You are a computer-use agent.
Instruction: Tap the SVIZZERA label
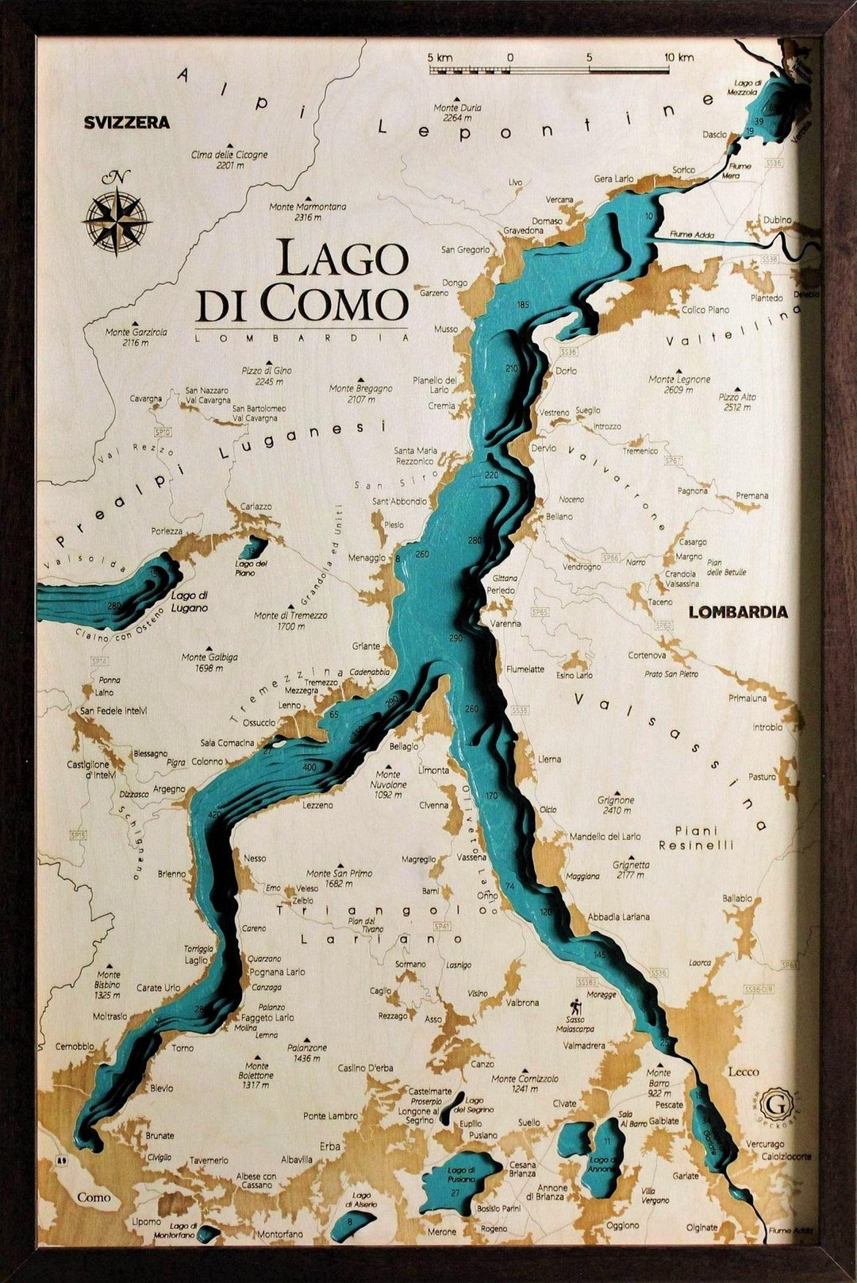pos(127,122)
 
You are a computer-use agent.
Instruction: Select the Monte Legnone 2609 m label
pos(679,384)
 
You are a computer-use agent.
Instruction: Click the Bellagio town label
pos(404,747)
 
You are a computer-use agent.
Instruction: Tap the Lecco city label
pos(744,1072)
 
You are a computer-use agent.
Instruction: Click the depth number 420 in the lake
pos(213,815)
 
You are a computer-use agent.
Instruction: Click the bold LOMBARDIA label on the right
pos(738,612)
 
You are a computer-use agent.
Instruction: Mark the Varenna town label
pos(505,624)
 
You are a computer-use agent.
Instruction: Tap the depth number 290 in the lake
pos(455,638)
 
